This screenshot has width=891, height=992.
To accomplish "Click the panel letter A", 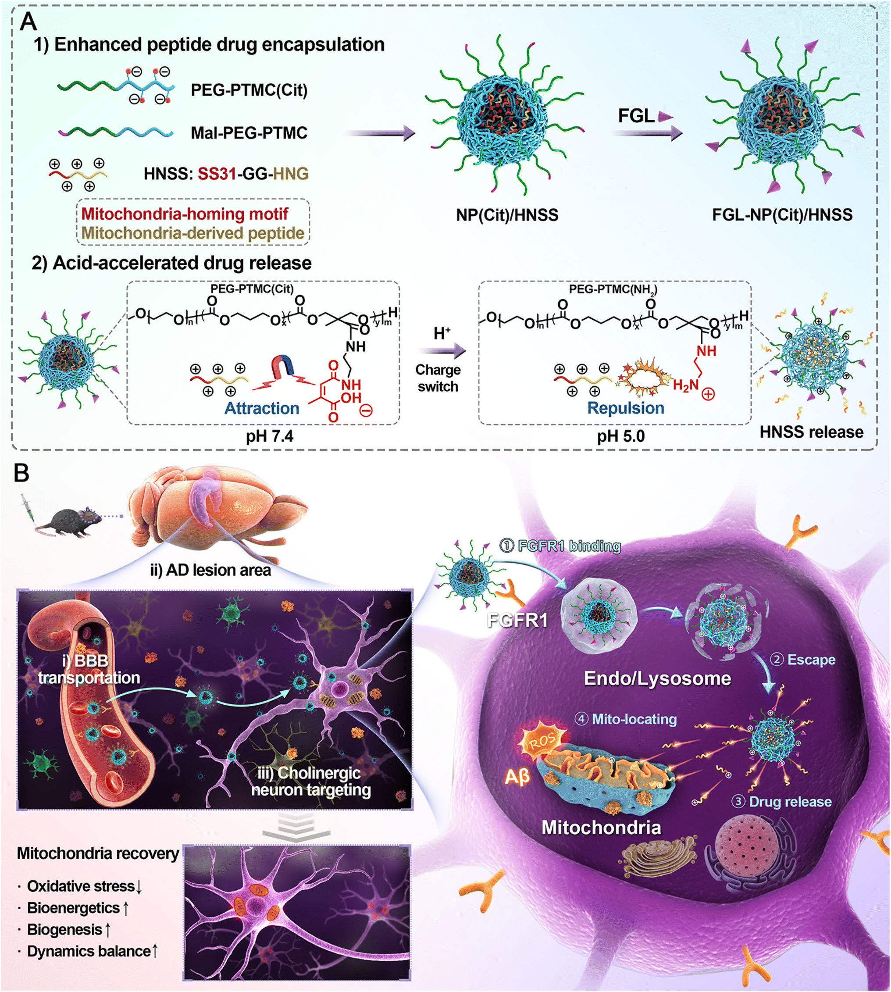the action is coord(28,21).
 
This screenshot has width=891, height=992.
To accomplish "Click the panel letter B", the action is coord(21,474).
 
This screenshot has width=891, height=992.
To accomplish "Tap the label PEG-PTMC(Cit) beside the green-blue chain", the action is coord(249,90).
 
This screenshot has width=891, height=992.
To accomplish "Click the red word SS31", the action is coord(217,173).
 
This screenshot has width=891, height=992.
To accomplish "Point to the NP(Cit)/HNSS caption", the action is coord(507,215).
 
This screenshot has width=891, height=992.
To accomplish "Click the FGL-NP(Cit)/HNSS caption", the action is coord(782,214).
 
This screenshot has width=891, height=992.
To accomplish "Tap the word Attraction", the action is coord(261,408).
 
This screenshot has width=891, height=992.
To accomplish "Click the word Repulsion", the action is coord(626,407).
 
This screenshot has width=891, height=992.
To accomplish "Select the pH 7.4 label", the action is coord(270,435).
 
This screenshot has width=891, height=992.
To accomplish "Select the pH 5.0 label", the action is coord(621,435).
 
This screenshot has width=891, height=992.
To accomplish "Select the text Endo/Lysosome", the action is coord(657,678).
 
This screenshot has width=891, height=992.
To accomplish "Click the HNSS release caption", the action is coord(811,432).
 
